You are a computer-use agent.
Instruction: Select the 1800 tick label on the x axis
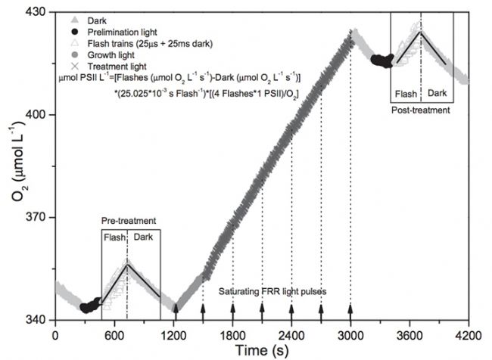pyautogui.click(x=232, y=332)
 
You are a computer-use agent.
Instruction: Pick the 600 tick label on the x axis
pyautogui.click(x=114, y=332)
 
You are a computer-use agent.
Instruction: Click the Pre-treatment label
pyautogui.click(x=129, y=221)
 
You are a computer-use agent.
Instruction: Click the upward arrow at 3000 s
pyautogui.click(x=350, y=309)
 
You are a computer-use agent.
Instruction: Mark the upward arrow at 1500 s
pyautogui.click(x=203, y=309)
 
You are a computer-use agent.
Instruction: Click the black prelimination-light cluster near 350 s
pyautogui.click(x=89, y=306)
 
